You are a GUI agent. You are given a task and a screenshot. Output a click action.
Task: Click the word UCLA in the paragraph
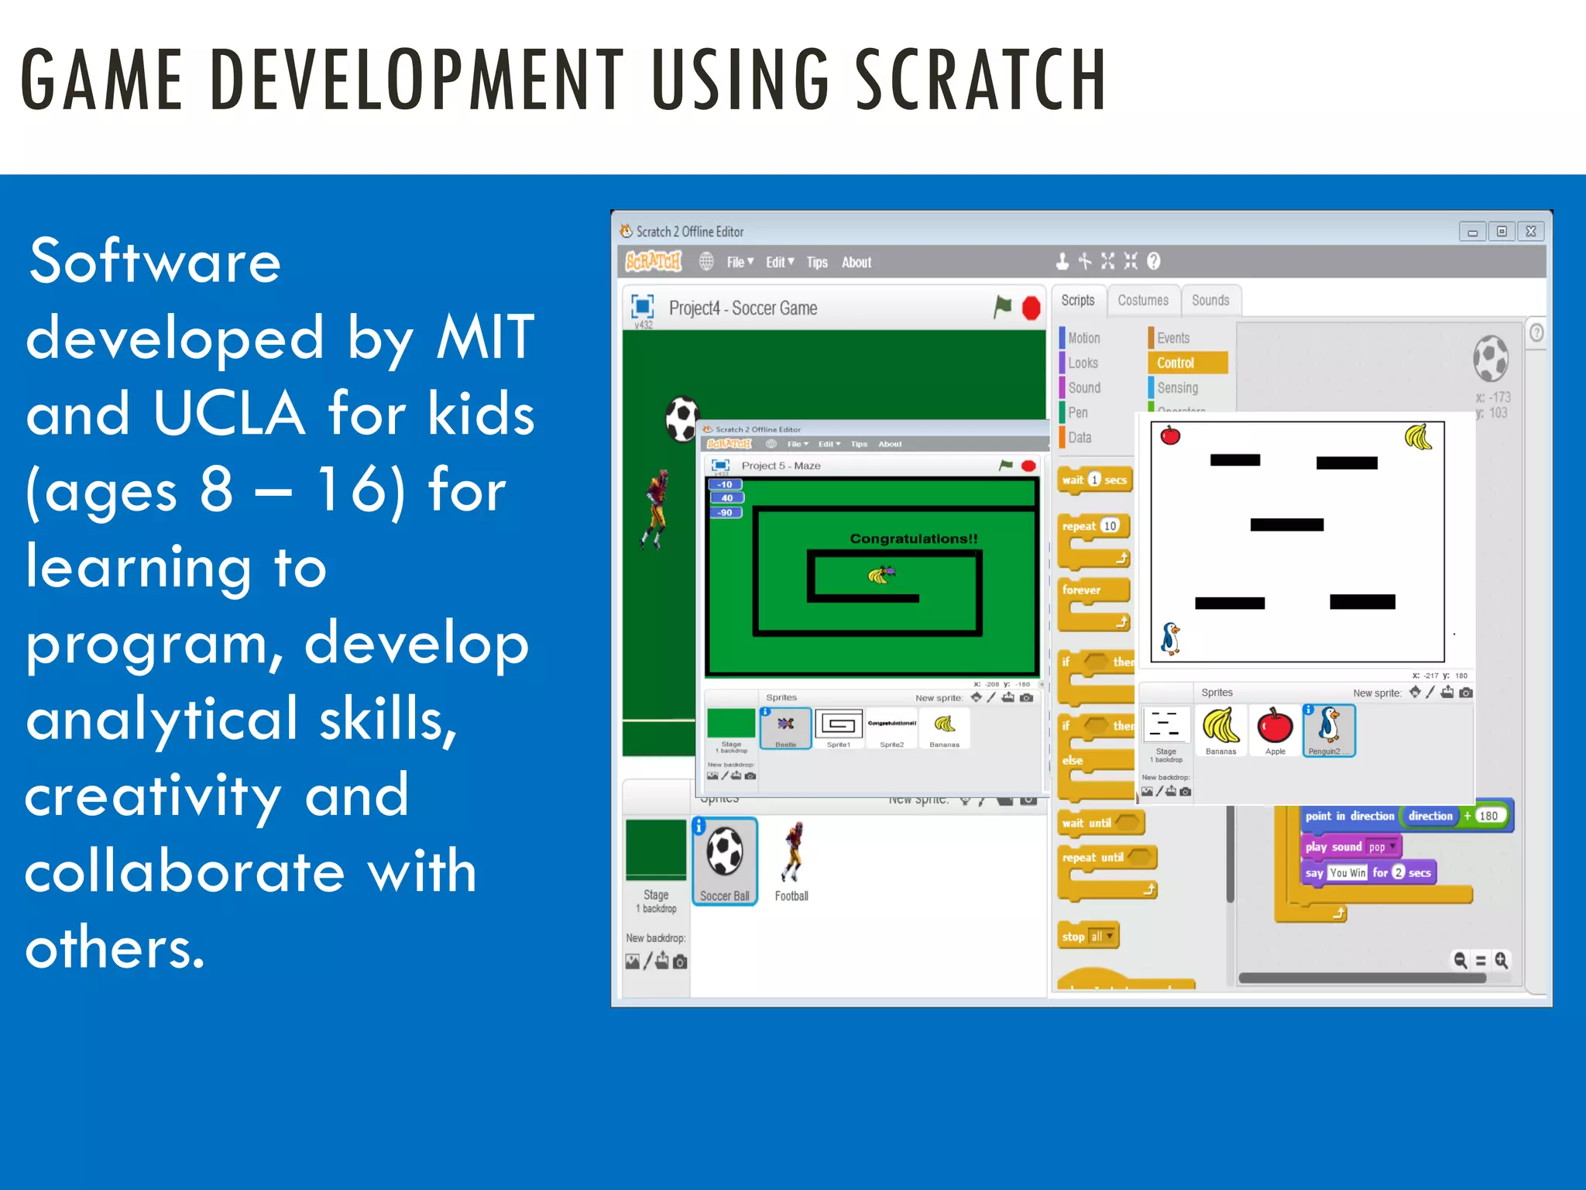click(x=229, y=414)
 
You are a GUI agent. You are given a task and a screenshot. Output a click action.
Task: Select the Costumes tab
click(x=1142, y=301)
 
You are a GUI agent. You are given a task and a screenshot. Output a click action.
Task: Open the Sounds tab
click(x=1210, y=301)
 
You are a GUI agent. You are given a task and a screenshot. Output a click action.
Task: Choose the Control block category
click(x=1175, y=363)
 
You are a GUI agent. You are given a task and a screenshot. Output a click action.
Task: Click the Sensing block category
click(x=1177, y=387)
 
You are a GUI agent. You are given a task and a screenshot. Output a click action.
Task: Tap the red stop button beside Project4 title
click(x=1031, y=308)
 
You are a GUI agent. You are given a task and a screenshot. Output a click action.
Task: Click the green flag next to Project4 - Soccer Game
click(x=1003, y=307)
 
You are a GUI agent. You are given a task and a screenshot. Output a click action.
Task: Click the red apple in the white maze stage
click(x=1170, y=435)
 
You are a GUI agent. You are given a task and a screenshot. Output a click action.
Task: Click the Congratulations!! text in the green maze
click(x=914, y=538)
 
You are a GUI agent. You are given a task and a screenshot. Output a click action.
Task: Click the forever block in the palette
click(x=1082, y=590)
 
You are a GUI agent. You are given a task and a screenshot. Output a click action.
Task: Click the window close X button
click(x=1530, y=232)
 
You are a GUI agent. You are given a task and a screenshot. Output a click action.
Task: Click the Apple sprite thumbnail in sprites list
click(x=1275, y=729)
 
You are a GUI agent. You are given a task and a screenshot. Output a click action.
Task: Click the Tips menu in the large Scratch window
click(x=816, y=263)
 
